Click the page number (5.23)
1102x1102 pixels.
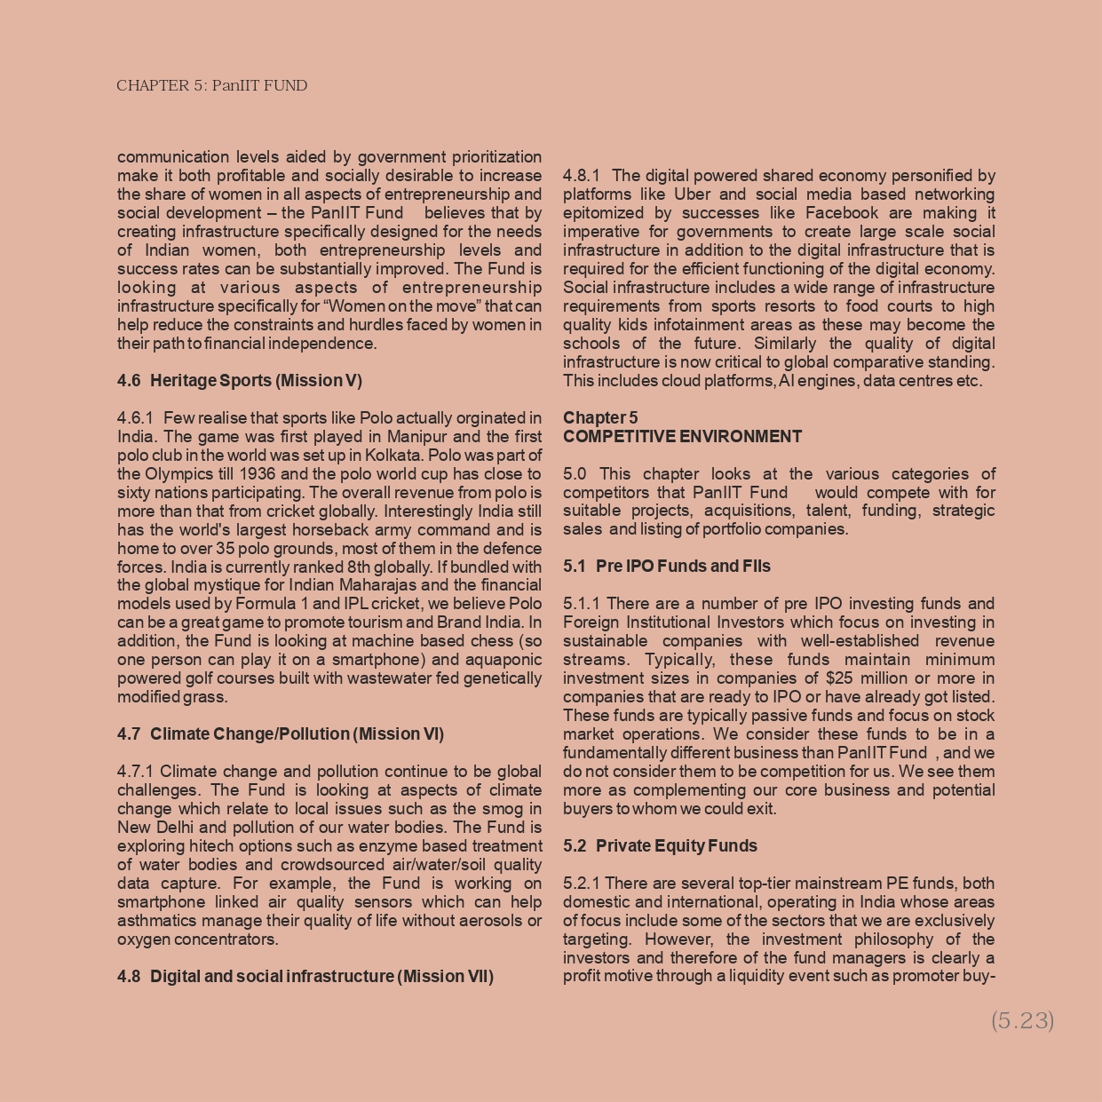coord(1022,1020)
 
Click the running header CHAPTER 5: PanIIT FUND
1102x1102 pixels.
coord(211,86)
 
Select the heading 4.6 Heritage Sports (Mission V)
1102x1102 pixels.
coord(240,381)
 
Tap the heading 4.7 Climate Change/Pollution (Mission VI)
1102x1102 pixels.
coord(281,734)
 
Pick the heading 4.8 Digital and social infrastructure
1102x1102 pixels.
coord(305,977)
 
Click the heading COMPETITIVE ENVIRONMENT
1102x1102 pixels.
coord(682,437)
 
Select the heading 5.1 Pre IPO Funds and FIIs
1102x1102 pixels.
coord(667,567)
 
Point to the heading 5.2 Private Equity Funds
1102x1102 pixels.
coord(660,846)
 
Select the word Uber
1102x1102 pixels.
coord(692,194)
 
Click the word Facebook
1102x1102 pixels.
coord(843,213)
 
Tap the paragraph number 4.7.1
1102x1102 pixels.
coord(136,772)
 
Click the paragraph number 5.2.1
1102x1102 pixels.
coord(582,884)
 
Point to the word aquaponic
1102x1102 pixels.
coord(504,660)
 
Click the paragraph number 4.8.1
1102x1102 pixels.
coord(582,176)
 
